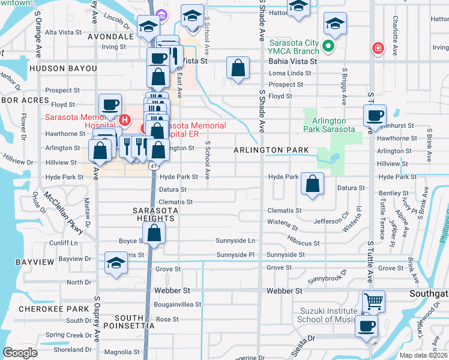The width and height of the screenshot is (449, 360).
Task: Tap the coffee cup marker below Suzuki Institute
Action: (x=367, y=327)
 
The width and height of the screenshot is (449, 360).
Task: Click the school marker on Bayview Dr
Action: (x=116, y=263)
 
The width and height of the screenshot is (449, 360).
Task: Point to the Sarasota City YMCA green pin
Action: (x=329, y=46)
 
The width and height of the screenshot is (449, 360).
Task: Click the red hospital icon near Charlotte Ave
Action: (x=378, y=48)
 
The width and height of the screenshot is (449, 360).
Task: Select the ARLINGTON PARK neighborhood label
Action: (x=271, y=150)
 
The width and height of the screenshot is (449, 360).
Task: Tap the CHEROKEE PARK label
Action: (x=46, y=308)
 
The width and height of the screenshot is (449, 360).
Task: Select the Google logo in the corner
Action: (x=20, y=352)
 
